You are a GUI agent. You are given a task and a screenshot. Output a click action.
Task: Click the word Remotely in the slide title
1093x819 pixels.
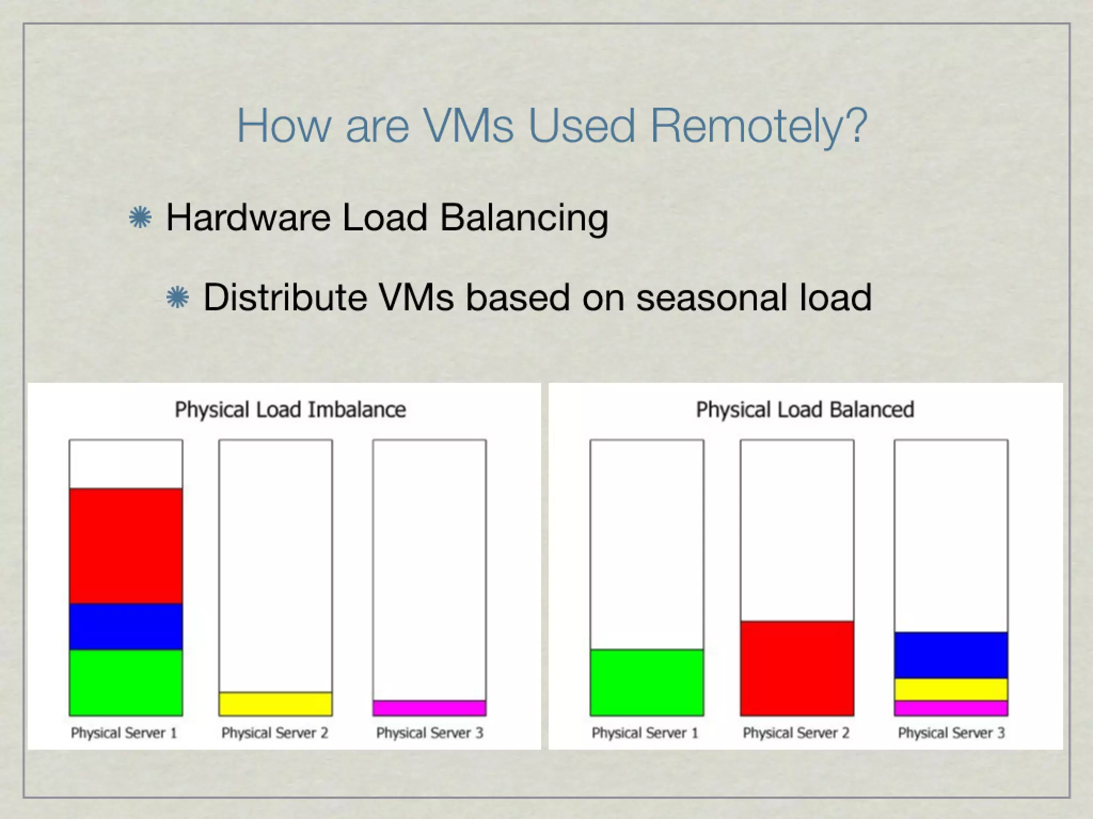758,126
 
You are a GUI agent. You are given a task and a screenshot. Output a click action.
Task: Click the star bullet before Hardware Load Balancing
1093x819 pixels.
140,218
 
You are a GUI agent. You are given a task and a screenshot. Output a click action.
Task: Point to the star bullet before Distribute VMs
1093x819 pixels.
178,298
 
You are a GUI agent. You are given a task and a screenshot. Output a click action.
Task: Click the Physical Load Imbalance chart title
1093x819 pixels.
290,409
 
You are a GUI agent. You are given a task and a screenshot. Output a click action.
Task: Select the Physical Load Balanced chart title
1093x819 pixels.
805,409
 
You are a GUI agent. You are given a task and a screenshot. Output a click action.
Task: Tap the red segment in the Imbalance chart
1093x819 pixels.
126,545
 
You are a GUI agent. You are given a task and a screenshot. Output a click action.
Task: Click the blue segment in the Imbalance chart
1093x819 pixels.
126,627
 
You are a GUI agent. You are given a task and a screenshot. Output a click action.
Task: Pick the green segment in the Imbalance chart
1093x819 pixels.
126,682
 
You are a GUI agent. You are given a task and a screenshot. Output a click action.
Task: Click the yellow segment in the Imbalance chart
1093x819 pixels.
275,704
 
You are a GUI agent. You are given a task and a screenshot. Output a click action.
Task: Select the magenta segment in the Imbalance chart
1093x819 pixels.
430,708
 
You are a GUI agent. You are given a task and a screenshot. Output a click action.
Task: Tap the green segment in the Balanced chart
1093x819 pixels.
647,682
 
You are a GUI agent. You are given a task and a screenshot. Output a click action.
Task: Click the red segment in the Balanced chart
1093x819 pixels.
797,668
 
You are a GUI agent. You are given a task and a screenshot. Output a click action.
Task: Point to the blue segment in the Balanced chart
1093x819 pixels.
951,655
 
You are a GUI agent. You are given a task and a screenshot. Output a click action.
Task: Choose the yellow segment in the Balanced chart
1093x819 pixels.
951,689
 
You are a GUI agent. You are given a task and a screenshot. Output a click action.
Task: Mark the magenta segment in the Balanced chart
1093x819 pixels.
951,708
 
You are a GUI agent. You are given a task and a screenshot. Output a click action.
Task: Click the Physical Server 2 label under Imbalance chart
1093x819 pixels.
275,733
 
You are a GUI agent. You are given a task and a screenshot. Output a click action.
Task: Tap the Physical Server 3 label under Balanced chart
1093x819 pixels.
951,733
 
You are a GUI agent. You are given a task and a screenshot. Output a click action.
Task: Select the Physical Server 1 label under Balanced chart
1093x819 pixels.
645,733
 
